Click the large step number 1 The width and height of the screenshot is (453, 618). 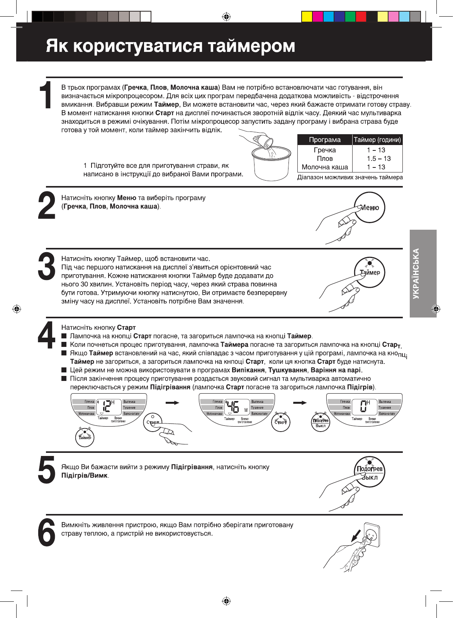coord(47,95)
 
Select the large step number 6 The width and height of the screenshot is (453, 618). coord(47,533)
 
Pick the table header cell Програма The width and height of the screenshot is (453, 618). coord(325,140)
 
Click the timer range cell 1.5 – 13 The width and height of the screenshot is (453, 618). coord(378,159)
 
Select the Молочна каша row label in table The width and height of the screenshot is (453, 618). coord(325,167)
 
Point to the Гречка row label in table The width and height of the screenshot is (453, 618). coord(325,150)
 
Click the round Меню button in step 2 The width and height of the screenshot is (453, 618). coord(370,208)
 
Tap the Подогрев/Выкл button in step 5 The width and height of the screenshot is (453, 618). coord(370,473)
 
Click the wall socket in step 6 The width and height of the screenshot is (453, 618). coord(371,534)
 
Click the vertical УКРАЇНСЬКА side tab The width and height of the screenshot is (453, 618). coord(423,273)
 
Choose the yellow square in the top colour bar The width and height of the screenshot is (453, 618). coord(307,17)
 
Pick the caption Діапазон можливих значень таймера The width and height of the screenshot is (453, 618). coord(350,178)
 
